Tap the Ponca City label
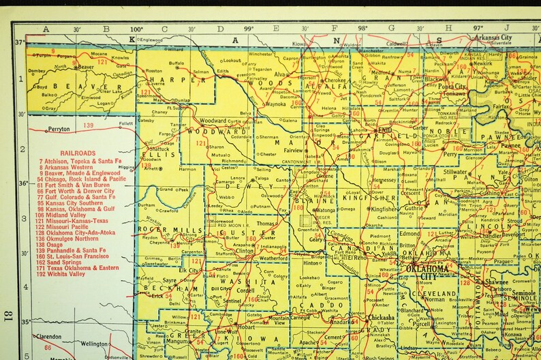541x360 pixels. [x=452, y=87]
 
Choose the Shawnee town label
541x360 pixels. [x=496, y=282]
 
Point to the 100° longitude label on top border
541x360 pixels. [x=136, y=29]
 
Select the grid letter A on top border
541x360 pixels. [x=46, y=29]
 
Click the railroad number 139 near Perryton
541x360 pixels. [x=88, y=126]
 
